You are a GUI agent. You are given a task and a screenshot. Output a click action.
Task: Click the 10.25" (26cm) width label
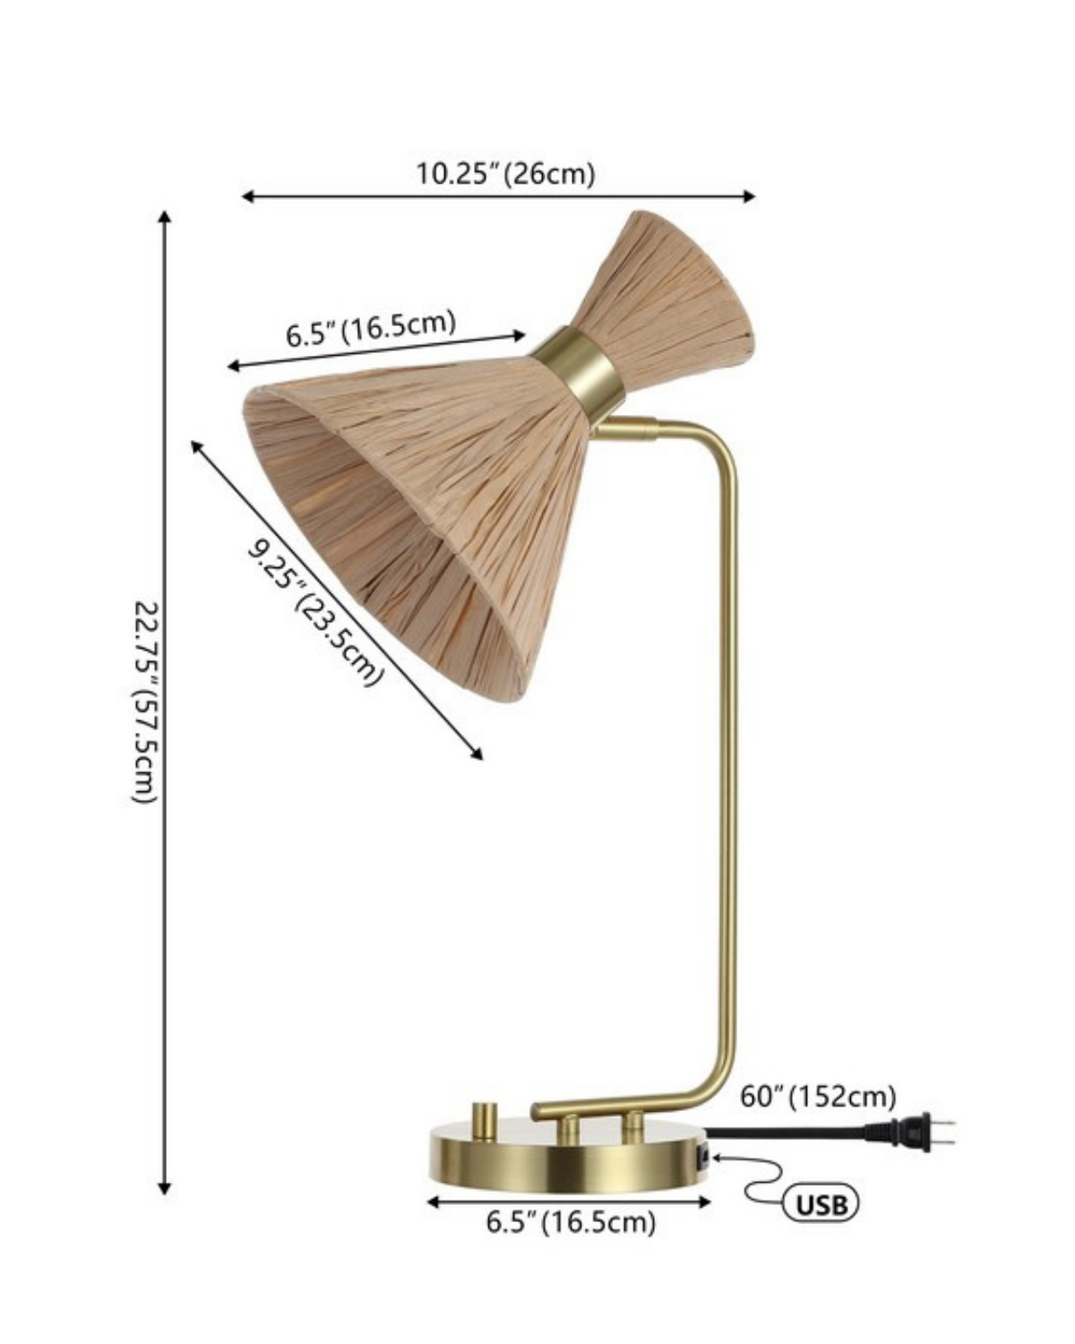pos(504,173)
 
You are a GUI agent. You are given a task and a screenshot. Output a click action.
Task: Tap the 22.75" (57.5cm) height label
pos(146,702)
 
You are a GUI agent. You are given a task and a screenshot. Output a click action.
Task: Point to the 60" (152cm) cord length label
pos(818,1096)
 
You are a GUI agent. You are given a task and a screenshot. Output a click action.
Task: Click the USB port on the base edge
pos(705,1158)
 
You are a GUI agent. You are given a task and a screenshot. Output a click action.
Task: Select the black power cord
pos(788,1131)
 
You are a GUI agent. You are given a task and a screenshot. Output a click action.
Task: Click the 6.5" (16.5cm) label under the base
pos(571,1222)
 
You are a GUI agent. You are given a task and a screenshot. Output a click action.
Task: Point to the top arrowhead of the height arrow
pos(164,218)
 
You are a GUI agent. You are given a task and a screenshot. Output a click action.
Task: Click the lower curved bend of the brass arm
pos(712,1089)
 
